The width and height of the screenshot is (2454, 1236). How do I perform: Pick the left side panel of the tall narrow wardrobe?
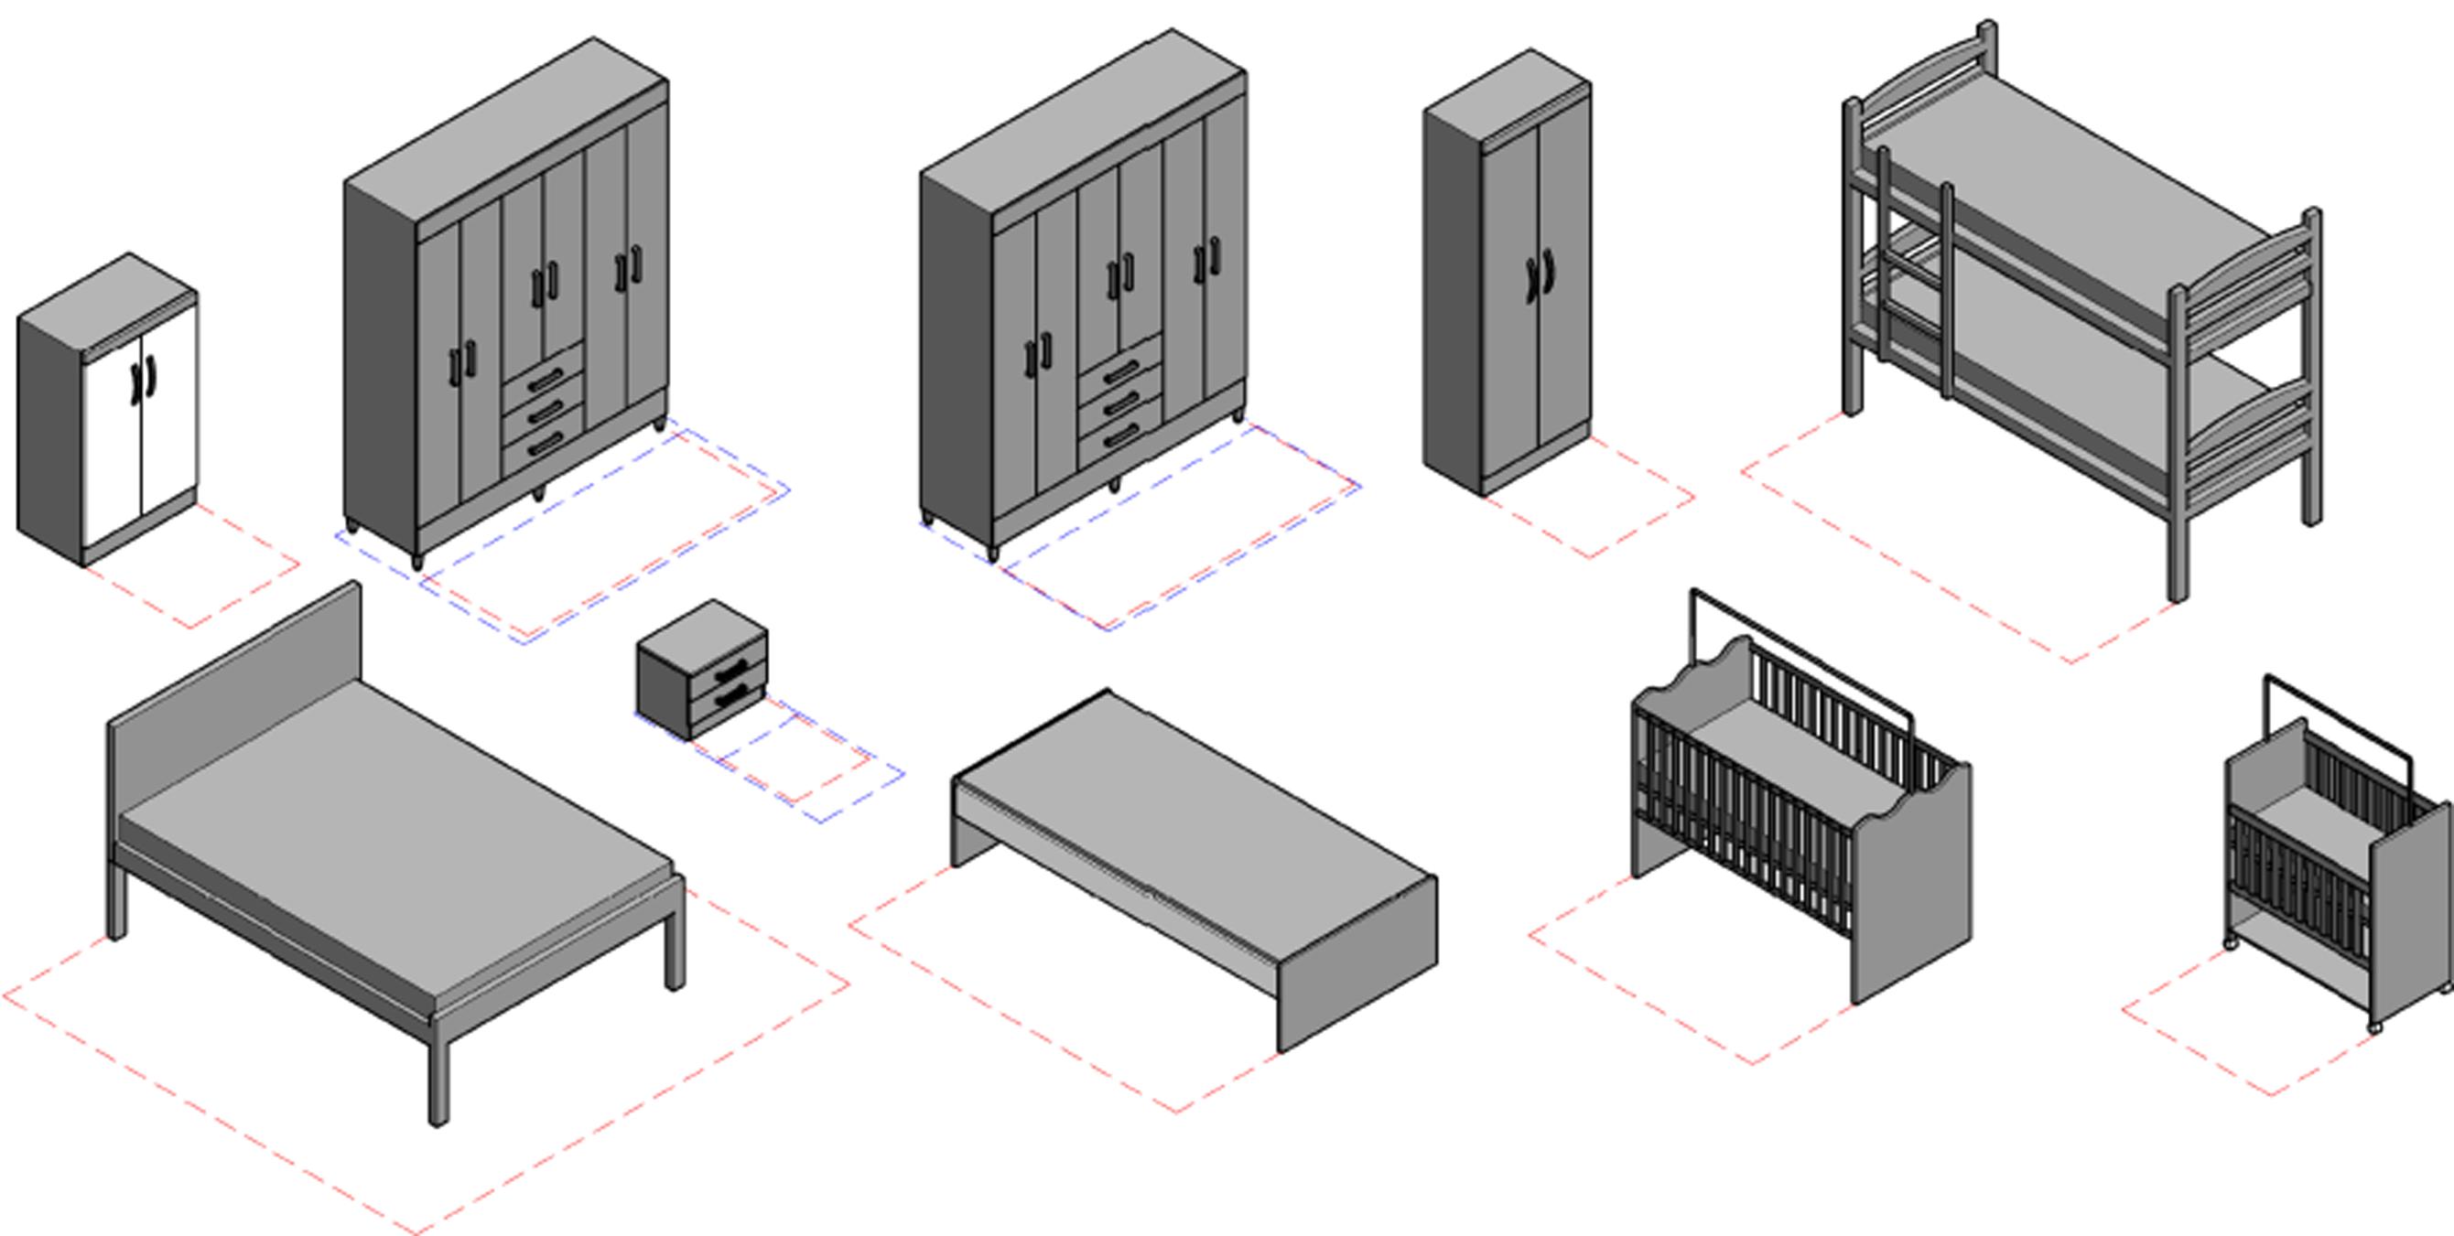(1452, 296)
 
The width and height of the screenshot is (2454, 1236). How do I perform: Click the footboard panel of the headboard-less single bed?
(1357, 962)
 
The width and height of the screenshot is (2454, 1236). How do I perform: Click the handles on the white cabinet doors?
(143, 381)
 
